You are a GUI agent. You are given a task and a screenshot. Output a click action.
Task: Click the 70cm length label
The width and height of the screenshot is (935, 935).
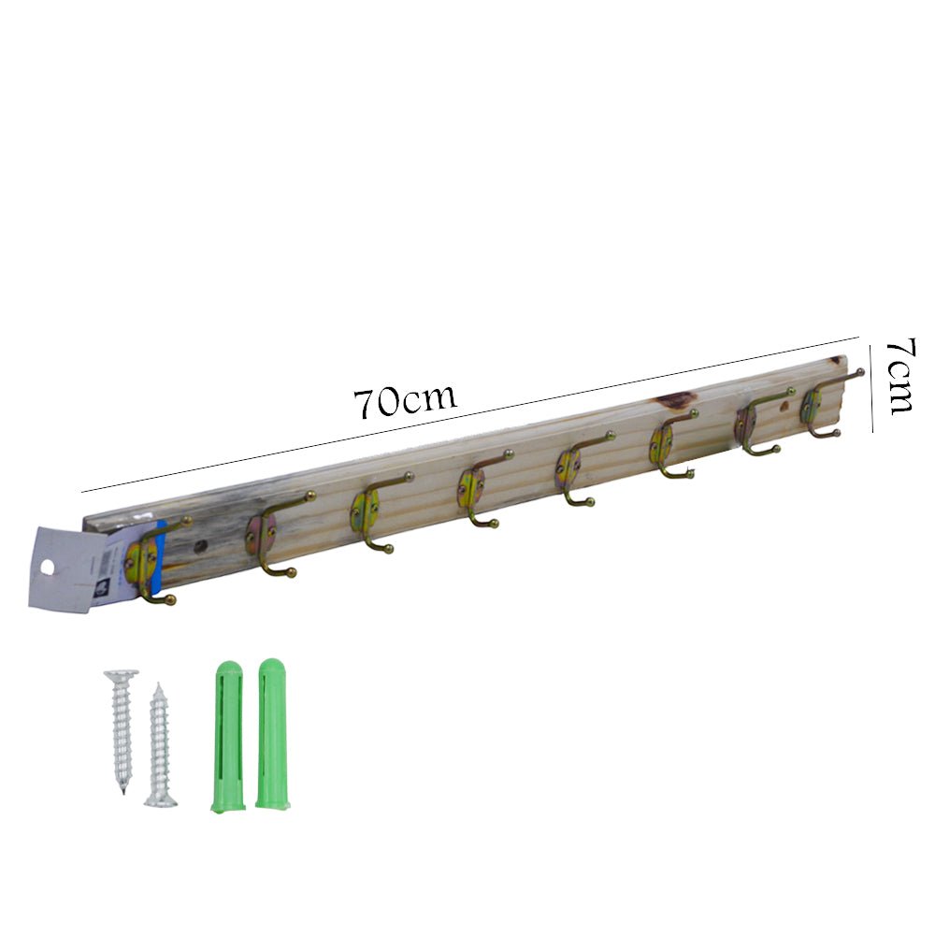click(x=406, y=401)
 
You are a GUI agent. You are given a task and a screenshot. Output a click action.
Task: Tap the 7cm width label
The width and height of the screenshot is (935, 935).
click(x=899, y=376)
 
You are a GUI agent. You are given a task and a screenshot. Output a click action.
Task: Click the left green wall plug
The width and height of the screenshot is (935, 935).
click(x=228, y=737)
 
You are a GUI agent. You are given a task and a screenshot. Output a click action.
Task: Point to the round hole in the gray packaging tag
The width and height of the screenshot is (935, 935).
click(x=47, y=568)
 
